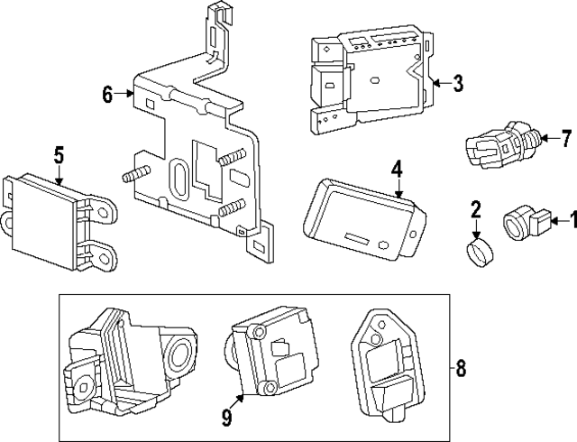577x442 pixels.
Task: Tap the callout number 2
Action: point(475,212)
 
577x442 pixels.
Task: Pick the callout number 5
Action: point(59,155)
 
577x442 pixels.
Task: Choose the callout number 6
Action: point(107,94)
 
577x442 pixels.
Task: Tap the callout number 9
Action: point(226,417)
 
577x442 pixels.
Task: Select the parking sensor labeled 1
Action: point(521,221)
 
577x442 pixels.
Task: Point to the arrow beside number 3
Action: point(439,85)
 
